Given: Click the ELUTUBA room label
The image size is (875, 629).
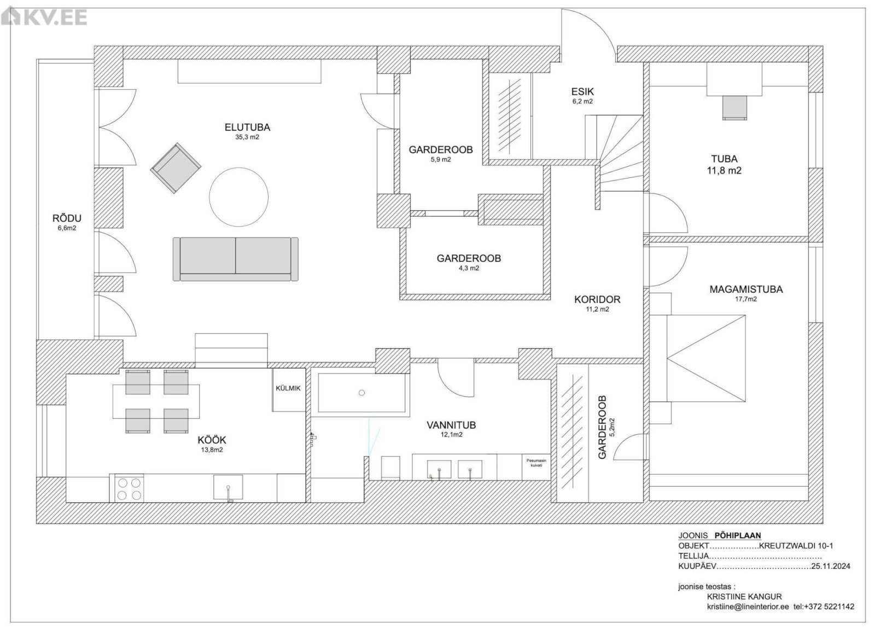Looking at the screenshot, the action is tap(247, 127).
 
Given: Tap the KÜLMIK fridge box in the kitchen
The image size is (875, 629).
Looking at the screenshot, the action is tap(289, 389).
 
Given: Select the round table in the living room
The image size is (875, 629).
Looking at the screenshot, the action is tap(238, 197).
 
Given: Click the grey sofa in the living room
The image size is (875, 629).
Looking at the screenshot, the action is tap(236, 259).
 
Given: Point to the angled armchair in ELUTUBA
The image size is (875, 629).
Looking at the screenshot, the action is tap(176, 168).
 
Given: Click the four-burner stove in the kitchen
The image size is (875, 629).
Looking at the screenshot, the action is tap(129, 489).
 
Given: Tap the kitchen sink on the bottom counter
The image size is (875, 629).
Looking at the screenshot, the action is tap(228, 488).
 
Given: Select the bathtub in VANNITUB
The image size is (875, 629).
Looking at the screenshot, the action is tap(361, 393).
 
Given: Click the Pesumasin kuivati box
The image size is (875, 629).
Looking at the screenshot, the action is tap(536, 467).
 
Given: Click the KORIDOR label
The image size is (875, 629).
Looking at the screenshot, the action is tap(597, 299).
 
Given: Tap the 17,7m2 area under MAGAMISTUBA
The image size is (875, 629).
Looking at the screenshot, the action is tap(746, 299).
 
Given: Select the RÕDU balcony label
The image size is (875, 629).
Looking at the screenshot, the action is tap(67, 218).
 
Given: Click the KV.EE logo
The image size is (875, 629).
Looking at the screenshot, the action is tap(44, 17).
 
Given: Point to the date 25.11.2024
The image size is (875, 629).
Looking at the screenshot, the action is tap(831, 566).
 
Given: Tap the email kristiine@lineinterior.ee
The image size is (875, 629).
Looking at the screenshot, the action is tap(748, 607).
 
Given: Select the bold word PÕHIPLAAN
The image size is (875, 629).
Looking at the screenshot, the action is tap(738, 535).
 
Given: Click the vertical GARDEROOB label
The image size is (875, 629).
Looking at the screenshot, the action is tap(602, 428).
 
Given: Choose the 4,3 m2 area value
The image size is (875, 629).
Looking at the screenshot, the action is tap(469, 268).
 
